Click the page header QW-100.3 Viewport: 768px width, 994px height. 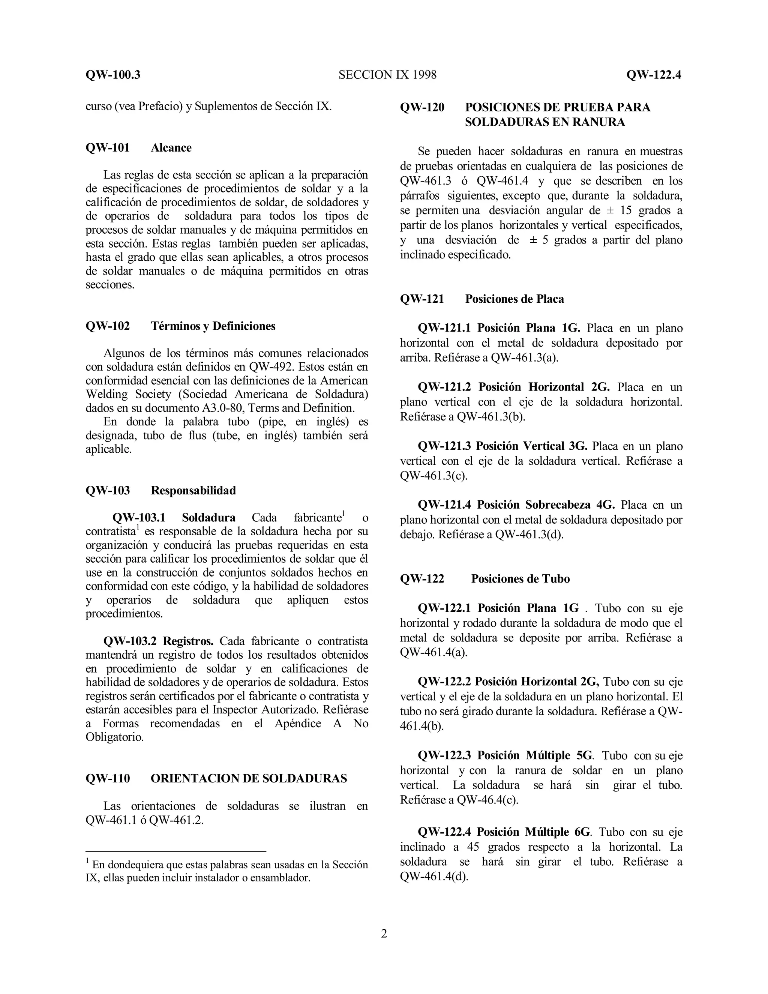(x=113, y=75)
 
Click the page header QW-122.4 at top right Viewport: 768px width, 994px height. (x=653, y=75)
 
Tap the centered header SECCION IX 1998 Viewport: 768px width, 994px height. (x=387, y=75)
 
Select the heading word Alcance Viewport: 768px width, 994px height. (x=171, y=147)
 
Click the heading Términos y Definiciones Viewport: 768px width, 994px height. (x=213, y=326)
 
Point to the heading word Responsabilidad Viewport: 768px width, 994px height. (x=193, y=490)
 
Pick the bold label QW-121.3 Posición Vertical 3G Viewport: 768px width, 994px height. (x=502, y=446)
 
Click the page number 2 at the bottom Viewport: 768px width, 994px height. (x=384, y=934)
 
